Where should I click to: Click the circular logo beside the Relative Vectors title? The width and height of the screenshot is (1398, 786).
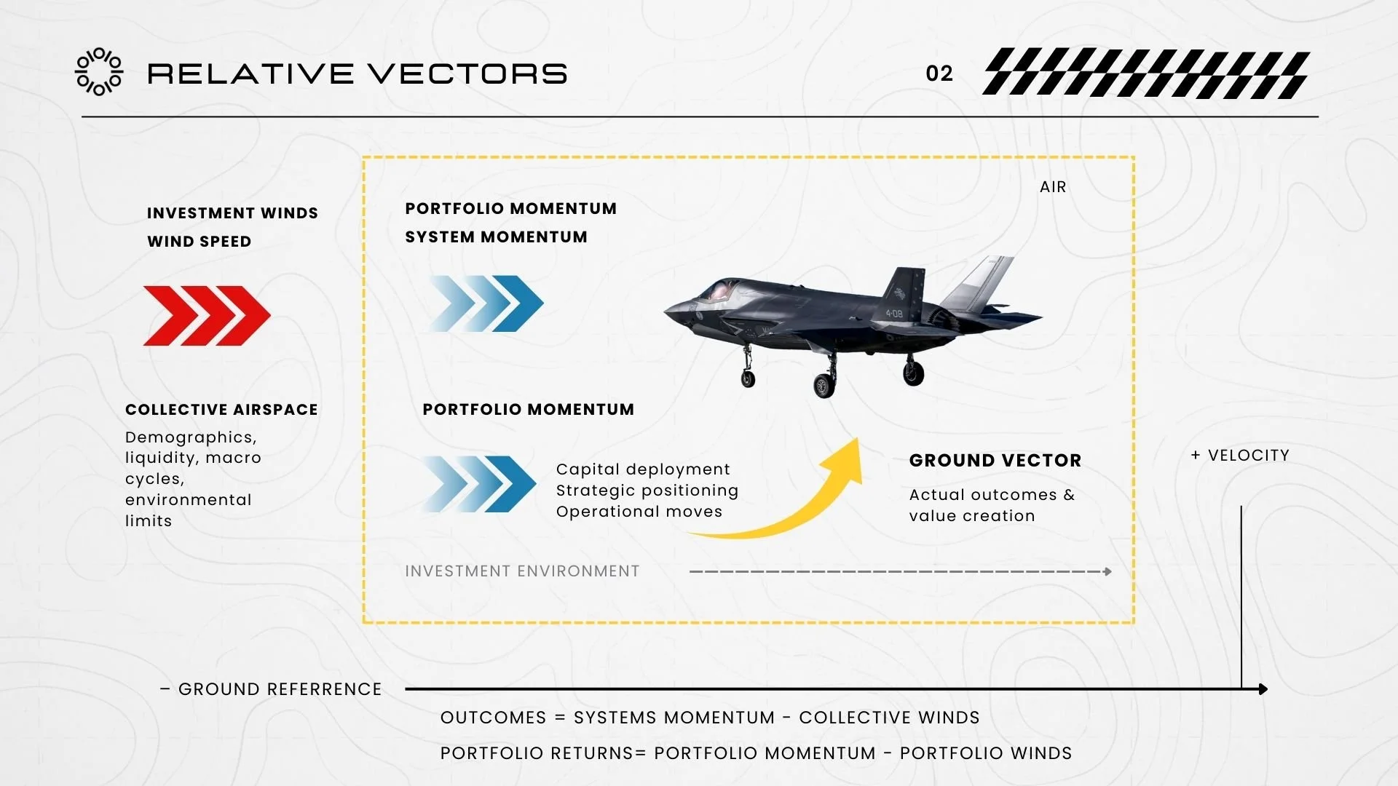(x=100, y=72)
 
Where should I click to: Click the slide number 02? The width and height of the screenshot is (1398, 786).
(x=939, y=74)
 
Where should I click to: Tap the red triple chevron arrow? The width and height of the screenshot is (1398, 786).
(x=207, y=316)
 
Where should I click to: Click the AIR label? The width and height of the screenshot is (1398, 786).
(x=1053, y=187)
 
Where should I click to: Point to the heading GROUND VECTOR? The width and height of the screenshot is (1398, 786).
(x=995, y=461)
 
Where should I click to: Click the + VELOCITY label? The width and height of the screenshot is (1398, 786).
(x=1240, y=456)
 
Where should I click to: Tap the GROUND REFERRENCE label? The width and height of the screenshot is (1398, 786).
(x=279, y=689)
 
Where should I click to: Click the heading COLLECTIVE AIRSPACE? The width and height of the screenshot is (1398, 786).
(x=221, y=410)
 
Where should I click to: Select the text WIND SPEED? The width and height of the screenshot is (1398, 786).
(x=199, y=242)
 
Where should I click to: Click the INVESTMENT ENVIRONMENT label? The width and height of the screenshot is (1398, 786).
(x=522, y=571)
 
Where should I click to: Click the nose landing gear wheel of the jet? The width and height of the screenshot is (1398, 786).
(x=748, y=378)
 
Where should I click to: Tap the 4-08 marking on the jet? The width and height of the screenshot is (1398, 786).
(x=894, y=314)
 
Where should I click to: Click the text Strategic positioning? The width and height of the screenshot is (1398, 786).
(x=647, y=491)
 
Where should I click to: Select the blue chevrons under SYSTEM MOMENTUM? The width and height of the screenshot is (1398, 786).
(x=486, y=303)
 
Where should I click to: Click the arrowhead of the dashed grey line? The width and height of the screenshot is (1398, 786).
(x=1107, y=572)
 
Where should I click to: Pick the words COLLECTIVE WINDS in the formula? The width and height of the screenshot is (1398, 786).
(x=889, y=718)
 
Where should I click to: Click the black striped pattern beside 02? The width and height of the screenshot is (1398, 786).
(x=1146, y=74)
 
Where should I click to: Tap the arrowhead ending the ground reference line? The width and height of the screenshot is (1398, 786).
(x=1263, y=689)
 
